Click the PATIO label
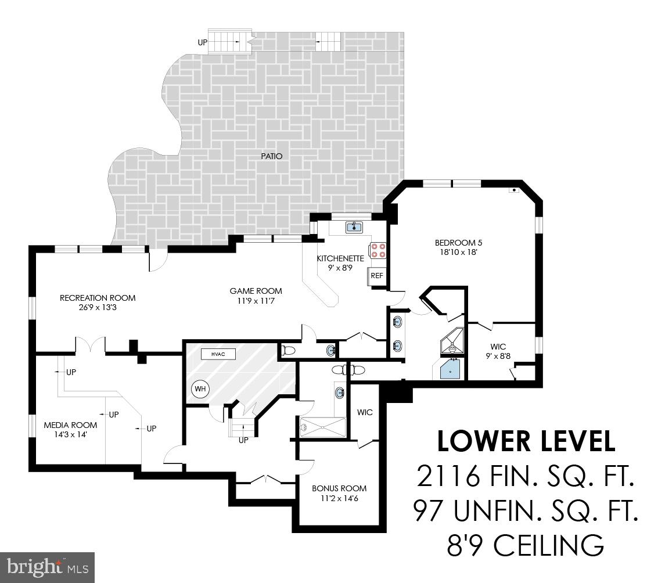271,156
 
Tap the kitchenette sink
354,227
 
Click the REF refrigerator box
377,276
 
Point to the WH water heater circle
200,388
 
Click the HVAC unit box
218,354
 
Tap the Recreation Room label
98,298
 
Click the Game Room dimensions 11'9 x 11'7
256,301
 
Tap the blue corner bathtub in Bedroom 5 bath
451,369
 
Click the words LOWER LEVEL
526,441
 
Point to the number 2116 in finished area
448,477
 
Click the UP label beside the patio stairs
202,42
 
